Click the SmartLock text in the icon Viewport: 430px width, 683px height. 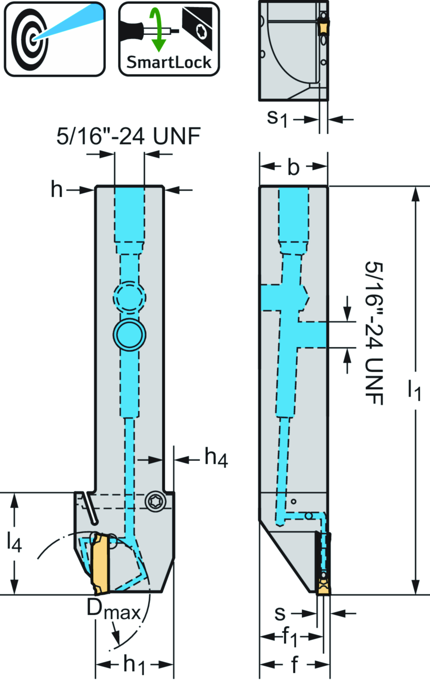[169, 63]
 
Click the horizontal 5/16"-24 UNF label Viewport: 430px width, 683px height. [128, 137]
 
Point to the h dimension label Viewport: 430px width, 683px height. [57, 189]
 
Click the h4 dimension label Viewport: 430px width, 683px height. [216, 457]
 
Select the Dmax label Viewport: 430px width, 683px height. [113, 609]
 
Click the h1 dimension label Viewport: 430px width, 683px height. [134, 665]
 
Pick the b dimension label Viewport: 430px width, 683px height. [293, 168]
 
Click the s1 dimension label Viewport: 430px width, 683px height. [277, 118]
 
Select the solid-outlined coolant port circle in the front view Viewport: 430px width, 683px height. [129, 335]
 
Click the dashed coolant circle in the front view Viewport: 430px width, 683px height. [129, 298]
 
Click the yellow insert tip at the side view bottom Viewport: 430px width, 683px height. [323, 587]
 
